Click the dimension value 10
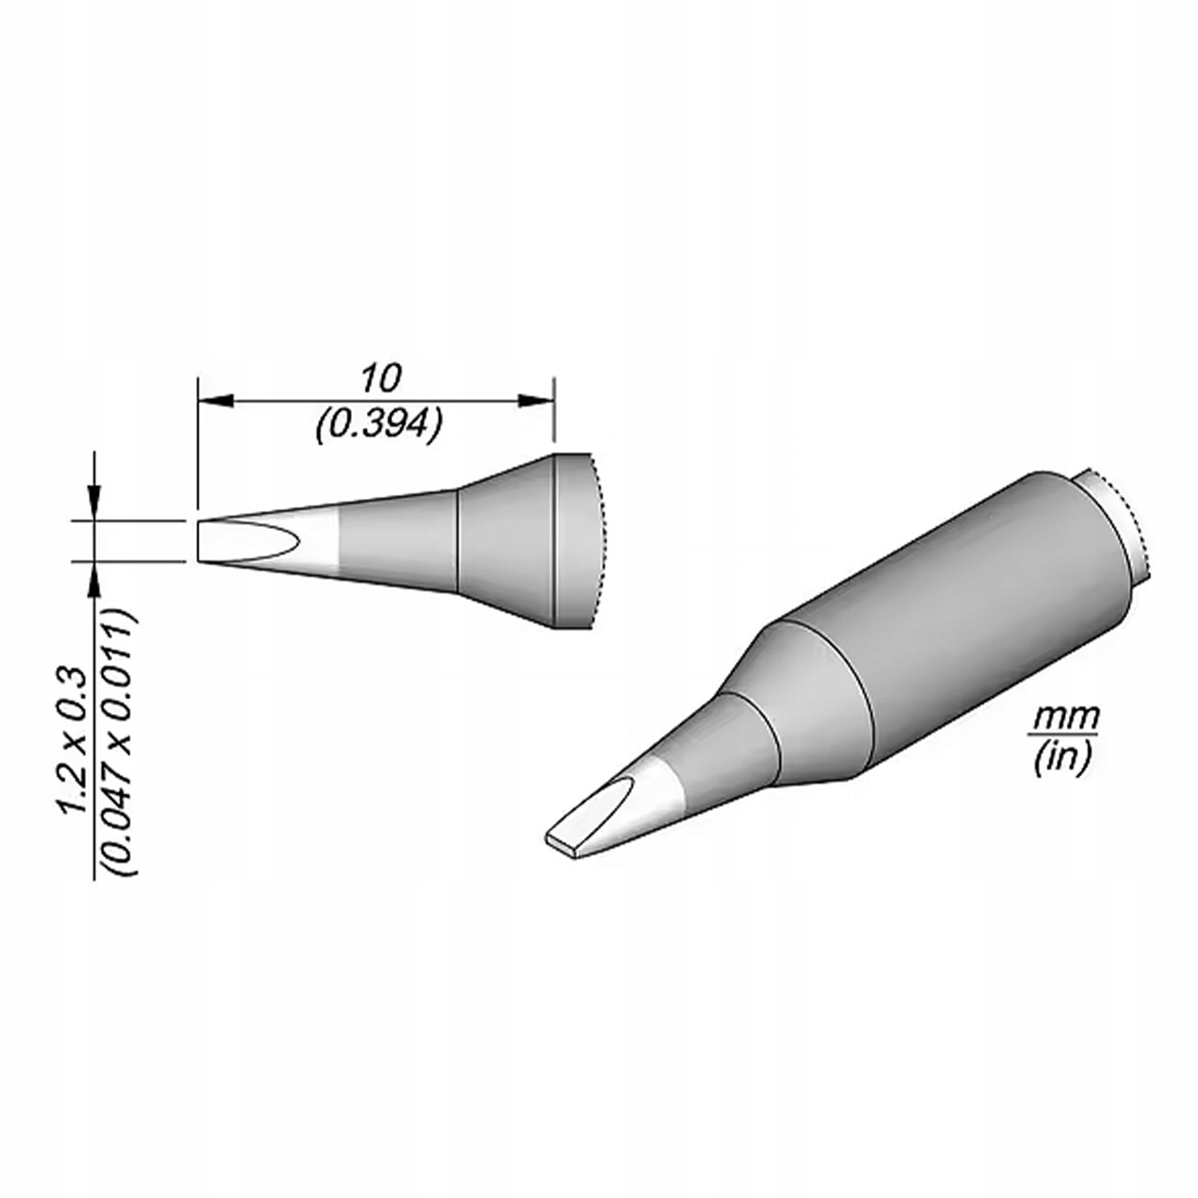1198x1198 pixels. pyautogui.click(x=379, y=378)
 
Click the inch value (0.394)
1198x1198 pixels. pyautogui.click(x=379, y=425)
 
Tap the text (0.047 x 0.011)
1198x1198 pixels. pyautogui.click(x=121, y=742)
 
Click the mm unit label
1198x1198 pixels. pyautogui.click(x=1065, y=718)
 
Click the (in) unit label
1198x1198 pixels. pyautogui.click(x=1062, y=758)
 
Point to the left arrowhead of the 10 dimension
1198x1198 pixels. pyautogui.click(x=215, y=401)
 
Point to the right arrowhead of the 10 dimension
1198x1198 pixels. pyautogui.click(x=536, y=401)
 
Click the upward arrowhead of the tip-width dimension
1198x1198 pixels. pyautogui.click(x=94, y=579)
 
